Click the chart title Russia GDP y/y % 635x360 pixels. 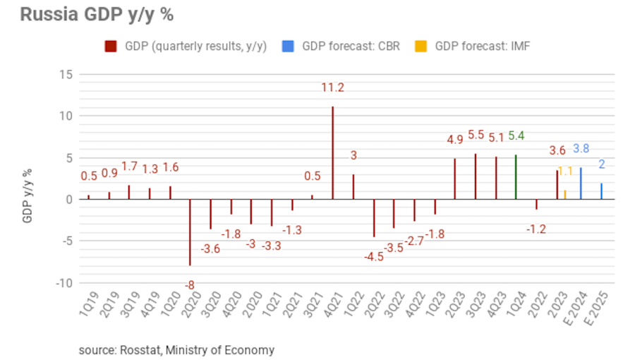(97, 15)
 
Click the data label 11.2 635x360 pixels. (332, 88)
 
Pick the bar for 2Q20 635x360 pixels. (190, 232)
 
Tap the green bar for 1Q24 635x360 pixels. (516, 176)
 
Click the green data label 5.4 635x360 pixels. (516, 136)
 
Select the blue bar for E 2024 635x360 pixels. (581, 183)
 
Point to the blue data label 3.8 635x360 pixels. (581, 148)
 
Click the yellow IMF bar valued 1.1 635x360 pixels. (564, 194)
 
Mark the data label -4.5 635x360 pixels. (373, 256)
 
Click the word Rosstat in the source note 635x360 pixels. (138, 349)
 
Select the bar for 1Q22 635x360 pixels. (353, 186)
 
